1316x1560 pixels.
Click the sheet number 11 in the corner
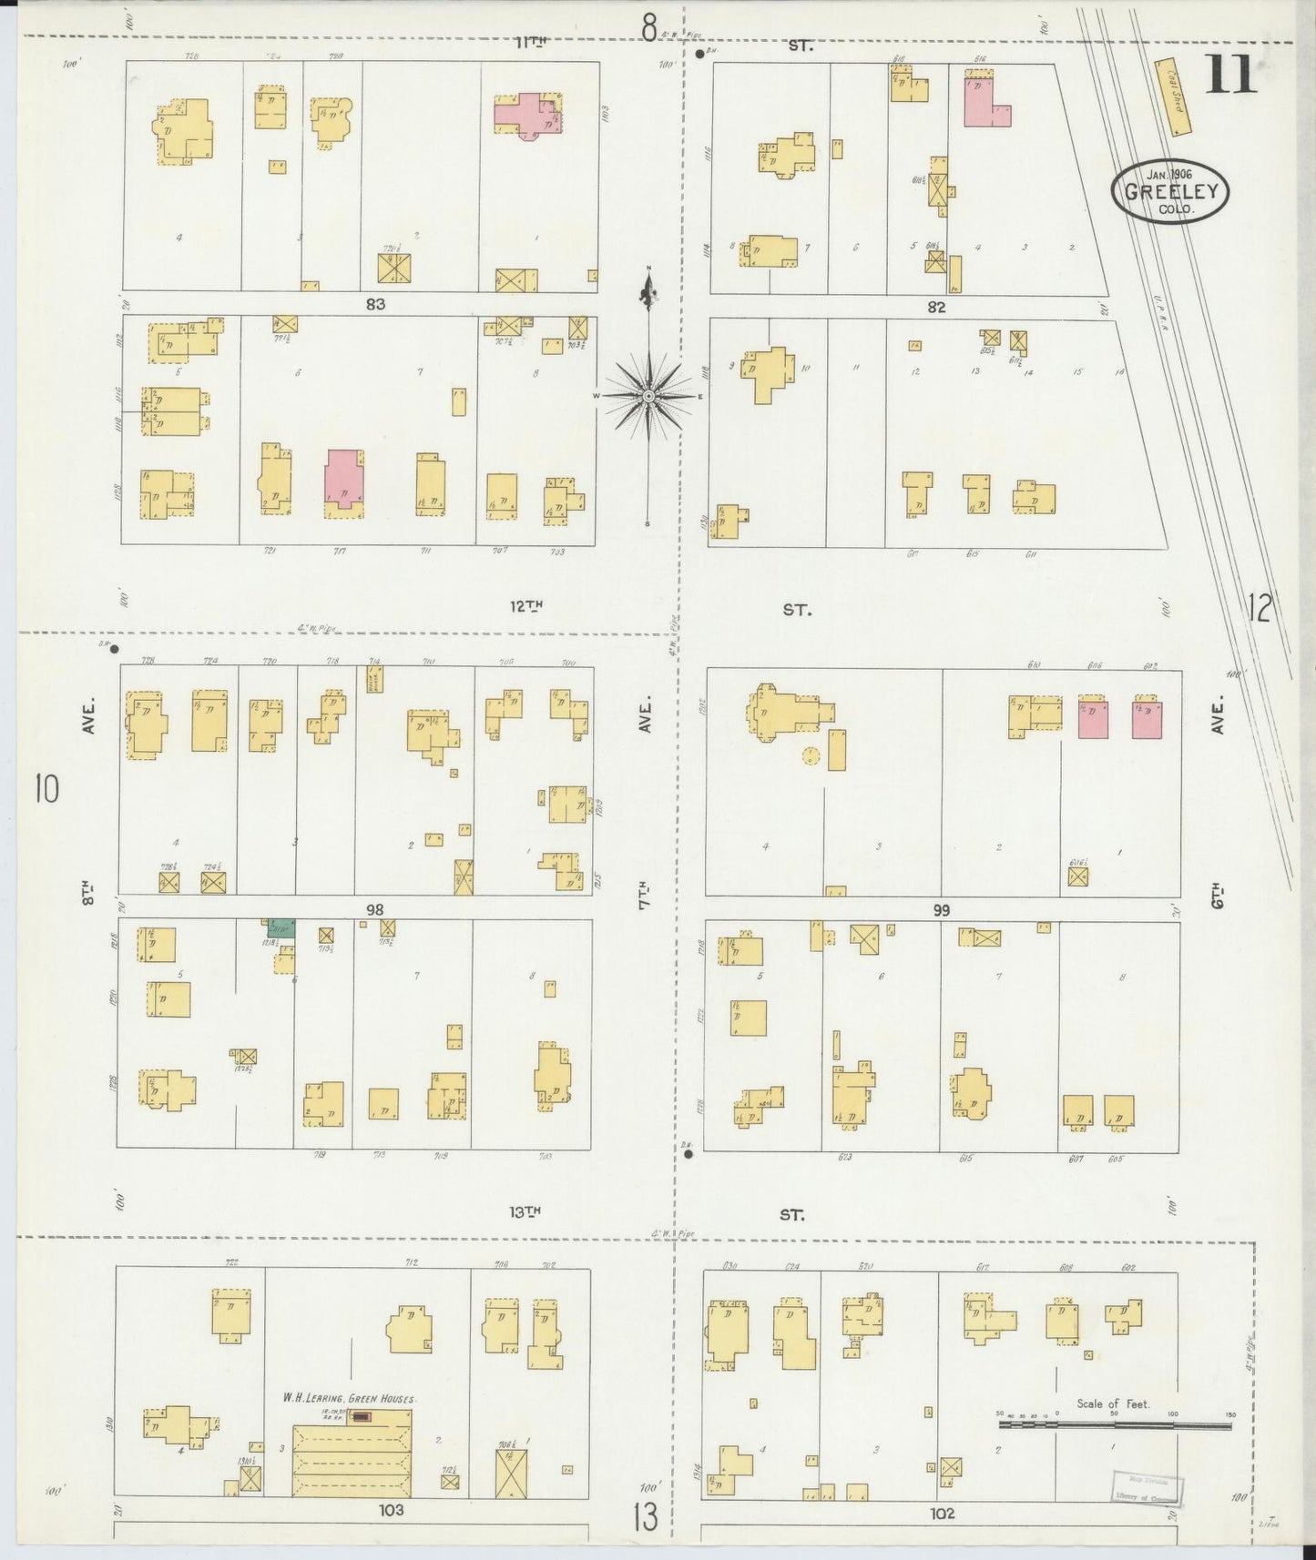pyautogui.click(x=1230, y=76)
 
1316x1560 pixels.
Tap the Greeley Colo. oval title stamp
pyautogui.click(x=1169, y=191)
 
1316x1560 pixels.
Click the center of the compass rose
pyautogui.click(x=648, y=397)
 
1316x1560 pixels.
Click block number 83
pyautogui.click(x=375, y=305)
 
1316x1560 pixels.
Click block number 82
pyautogui.click(x=936, y=308)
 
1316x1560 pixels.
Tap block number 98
pyautogui.click(x=374, y=908)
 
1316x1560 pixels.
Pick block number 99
pyautogui.click(x=941, y=909)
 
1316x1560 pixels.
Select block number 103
pyautogui.click(x=392, y=1509)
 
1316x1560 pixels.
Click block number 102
pyautogui.click(x=943, y=1513)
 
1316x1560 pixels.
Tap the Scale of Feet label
pyautogui.click(x=1113, y=1403)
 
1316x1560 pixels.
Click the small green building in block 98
pyautogui.click(x=280, y=928)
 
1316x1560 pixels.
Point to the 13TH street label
pyautogui.click(x=525, y=1211)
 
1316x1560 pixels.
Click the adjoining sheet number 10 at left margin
pyautogui.click(x=46, y=788)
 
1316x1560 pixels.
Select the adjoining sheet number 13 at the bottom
pyautogui.click(x=645, y=1516)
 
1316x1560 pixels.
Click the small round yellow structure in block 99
pyautogui.click(x=811, y=755)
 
